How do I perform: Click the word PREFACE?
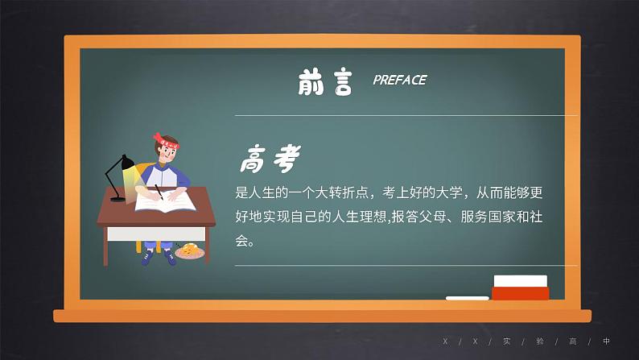(x=399, y=80)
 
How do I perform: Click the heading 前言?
(x=324, y=81)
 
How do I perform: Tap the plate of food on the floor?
(x=190, y=252)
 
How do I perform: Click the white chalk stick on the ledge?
(x=467, y=298)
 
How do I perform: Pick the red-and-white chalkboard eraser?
(x=520, y=288)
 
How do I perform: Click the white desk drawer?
(x=132, y=234)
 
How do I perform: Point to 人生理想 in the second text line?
(x=361, y=217)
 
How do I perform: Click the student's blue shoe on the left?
(x=146, y=258)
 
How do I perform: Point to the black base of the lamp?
(x=117, y=198)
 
